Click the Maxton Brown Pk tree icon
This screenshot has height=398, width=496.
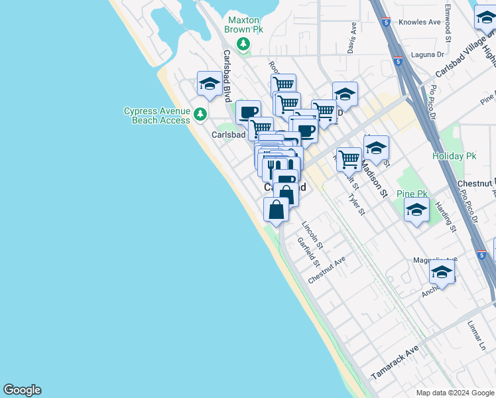[244, 44]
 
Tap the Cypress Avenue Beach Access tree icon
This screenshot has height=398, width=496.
[200, 115]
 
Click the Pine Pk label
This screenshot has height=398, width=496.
[412, 194]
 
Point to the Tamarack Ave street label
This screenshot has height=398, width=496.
[395, 362]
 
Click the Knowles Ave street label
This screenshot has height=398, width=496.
[420, 22]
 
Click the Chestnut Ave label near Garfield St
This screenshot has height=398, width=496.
[327, 271]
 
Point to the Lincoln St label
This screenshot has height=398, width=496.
[312, 235]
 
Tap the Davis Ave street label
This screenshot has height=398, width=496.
[352, 38]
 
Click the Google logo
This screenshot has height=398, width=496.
[22, 390]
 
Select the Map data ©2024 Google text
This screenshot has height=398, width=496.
[454, 393]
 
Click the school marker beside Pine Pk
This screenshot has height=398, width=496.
[416, 211]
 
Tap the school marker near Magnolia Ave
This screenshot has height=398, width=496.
[442, 271]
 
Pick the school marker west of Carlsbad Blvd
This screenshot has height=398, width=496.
[210, 84]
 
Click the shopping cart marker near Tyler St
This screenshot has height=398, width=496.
[349, 159]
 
